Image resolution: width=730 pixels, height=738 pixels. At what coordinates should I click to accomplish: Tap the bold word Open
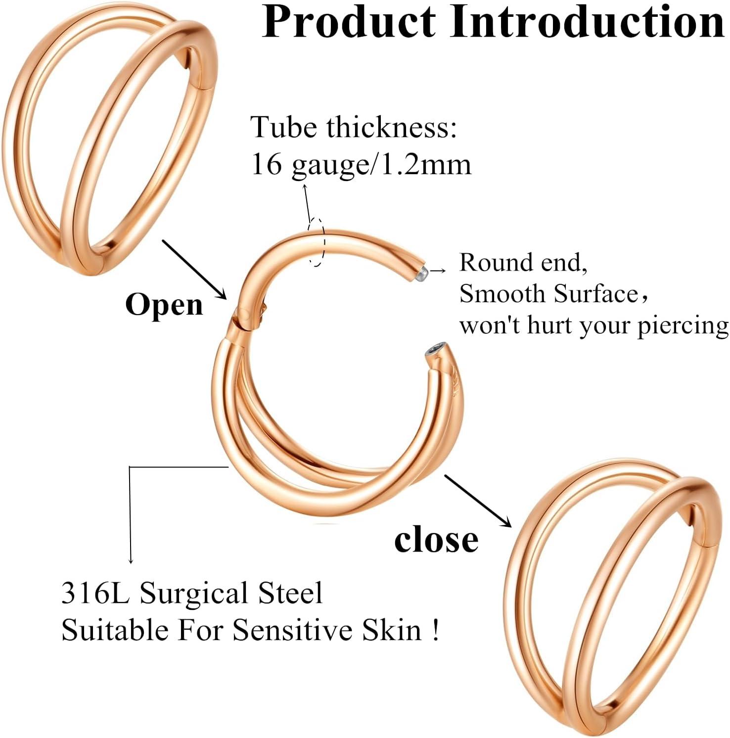(164, 305)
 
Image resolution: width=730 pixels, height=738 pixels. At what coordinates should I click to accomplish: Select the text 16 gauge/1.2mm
(361, 164)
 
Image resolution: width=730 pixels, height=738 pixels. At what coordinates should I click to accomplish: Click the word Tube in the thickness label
(283, 127)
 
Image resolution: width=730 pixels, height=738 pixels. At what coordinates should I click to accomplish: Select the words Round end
(523, 263)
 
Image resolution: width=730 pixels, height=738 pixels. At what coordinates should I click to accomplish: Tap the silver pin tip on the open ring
(421, 273)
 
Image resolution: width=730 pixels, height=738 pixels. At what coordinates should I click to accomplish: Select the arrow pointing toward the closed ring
(478, 500)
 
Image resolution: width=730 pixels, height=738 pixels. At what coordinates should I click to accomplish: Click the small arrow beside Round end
(438, 271)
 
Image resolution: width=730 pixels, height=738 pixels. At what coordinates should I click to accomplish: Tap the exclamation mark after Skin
(435, 631)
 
